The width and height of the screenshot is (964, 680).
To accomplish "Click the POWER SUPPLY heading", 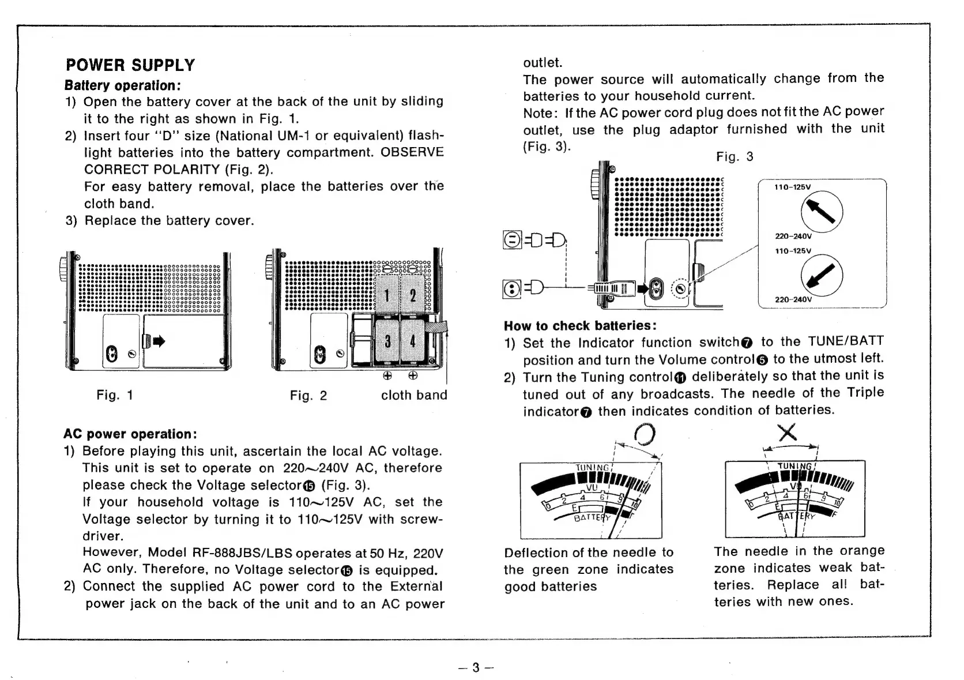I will click(x=130, y=65).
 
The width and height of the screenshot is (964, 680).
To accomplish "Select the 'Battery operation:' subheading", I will click(x=123, y=85).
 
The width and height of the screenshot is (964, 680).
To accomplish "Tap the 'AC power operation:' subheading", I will click(x=130, y=434).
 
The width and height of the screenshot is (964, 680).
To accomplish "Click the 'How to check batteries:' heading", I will click(x=580, y=325).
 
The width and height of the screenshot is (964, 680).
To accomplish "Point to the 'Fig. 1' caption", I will click(x=115, y=395).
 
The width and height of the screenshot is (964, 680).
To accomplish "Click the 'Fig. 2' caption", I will click(x=308, y=395).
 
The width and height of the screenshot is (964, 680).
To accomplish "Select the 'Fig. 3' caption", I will click(x=734, y=157).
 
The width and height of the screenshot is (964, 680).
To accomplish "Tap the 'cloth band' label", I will click(x=414, y=395).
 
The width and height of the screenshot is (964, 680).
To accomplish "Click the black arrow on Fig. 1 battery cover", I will click(x=159, y=341).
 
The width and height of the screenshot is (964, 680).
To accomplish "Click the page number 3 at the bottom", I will click(x=476, y=667).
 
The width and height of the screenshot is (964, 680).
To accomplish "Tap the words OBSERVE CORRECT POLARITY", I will click(x=263, y=161).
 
